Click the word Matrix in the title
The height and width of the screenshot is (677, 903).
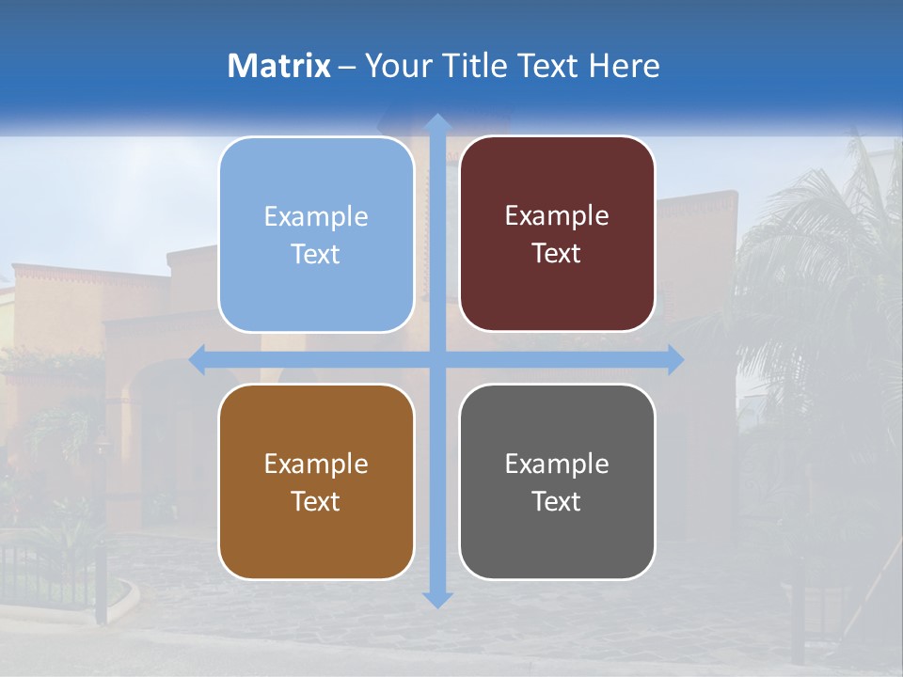[x=278, y=66]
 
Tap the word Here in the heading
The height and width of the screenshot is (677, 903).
[x=624, y=66]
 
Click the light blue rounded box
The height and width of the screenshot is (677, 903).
[x=316, y=234]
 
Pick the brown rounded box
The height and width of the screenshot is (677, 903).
[x=316, y=481]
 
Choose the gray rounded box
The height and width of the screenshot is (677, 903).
[x=557, y=481]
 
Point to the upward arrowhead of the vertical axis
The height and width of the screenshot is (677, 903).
[x=437, y=122]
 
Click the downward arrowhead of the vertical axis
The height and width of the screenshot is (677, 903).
[x=437, y=599]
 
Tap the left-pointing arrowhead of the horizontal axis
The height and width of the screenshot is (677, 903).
[x=198, y=360]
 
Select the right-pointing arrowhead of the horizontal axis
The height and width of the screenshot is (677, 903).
[x=675, y=360]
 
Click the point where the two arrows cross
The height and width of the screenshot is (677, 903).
[x=437, y=360]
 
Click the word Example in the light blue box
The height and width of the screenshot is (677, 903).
[x=316, y=217]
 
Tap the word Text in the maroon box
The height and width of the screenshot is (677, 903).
[x=557, y=253]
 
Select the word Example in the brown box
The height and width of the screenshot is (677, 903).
[x=316, y=464]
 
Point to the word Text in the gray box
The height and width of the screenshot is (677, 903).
[x=557, y=501]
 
